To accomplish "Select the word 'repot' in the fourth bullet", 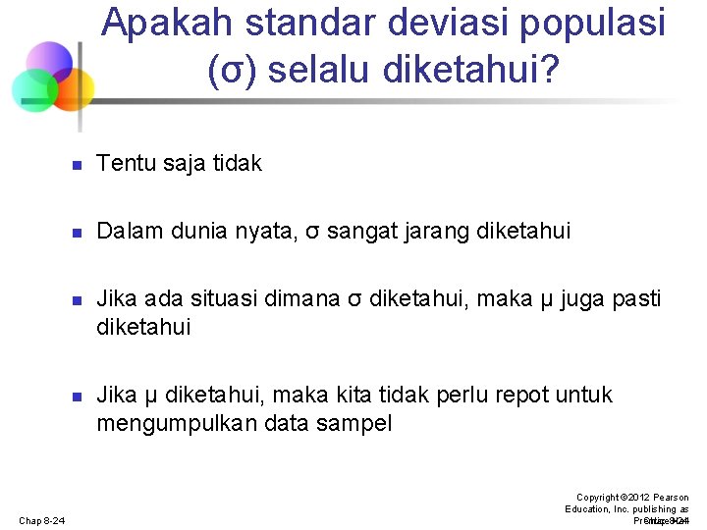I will pos(518,395).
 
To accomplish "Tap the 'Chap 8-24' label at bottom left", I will pos(40,520).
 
